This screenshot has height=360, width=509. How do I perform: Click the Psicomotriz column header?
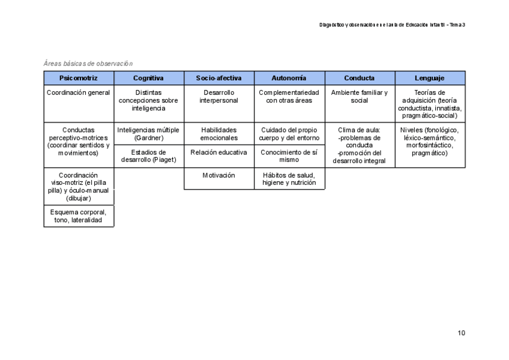click(x=79, y=78)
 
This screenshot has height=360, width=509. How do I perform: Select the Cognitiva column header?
click(x=148, y=78)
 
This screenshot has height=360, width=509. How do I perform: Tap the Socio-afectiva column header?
click(x=218, y=78)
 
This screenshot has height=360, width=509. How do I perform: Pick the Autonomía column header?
click(x=289, y=78)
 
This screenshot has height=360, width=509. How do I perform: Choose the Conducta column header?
click(x=360, y=78)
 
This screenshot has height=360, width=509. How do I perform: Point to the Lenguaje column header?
click(x=429, y=78)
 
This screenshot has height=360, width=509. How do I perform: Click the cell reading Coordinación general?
click(x=79, y=93)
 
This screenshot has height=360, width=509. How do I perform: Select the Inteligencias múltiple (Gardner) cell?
click(x=148, y=134)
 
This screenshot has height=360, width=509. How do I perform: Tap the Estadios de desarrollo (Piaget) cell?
click(x=148, y=156)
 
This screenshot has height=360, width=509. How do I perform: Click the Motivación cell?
click(x=218, y=175)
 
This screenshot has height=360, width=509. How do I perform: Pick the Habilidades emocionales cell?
click(x=218, y=134)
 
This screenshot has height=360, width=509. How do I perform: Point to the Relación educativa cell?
click(x=218, y=152)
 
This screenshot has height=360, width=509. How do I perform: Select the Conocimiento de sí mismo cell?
click(x=289, y=156)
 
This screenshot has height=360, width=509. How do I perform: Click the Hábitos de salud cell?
click(x=289, y=179)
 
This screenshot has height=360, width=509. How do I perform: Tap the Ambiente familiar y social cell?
click(x=360, y=97)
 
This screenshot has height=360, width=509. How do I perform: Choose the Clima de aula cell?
click(x=360, y=145)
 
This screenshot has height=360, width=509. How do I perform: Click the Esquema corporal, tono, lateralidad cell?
click(x=79, y=216)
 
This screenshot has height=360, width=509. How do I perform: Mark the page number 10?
click(x=461, y=333)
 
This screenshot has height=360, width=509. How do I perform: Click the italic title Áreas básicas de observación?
click(x=88, y=64)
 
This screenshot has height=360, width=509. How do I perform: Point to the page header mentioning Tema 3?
click(x=393, y=25)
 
